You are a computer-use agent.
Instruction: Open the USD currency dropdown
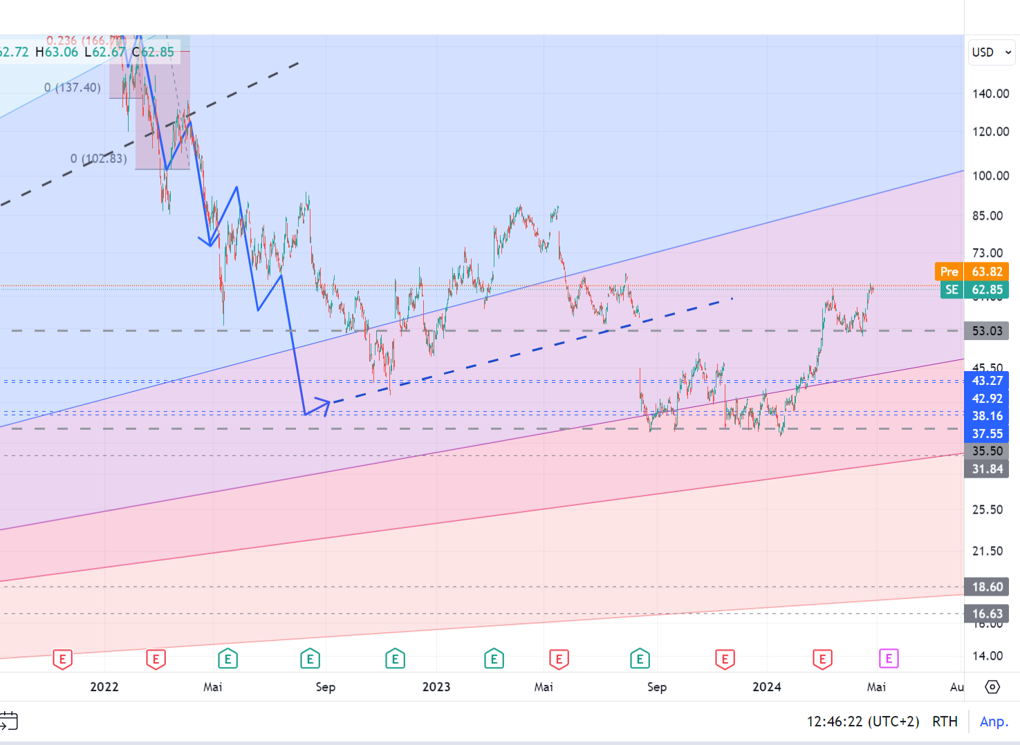tap(992, 53)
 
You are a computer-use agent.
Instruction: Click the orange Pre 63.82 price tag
tap(972, 272)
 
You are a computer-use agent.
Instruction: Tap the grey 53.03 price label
tap(987, 331)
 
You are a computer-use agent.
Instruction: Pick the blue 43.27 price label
tap(987, 381)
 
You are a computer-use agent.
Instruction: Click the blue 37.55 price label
tap(987, 434)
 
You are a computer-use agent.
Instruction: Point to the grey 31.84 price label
tap(987, 469)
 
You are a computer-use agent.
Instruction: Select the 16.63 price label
tap(987, 614)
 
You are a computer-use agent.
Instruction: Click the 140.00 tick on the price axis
tap(990, 94)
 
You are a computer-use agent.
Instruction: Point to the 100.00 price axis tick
tap(990, 176)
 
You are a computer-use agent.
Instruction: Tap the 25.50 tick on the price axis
tap(987, 510)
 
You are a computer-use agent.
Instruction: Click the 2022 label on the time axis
tap(104, 687)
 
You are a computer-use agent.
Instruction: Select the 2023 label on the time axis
tap(436, 687)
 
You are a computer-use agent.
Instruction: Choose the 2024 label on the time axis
tap(767, 687)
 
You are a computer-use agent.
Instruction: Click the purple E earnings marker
tap(889, 659)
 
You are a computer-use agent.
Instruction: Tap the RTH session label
tap(945, 722)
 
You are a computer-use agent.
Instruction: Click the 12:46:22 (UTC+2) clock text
tap(862, 722)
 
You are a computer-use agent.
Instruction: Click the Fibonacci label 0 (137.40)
tap(73, 88)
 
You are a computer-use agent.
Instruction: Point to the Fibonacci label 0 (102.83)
tap(99, 159)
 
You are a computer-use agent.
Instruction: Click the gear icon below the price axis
tap(992, 687)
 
